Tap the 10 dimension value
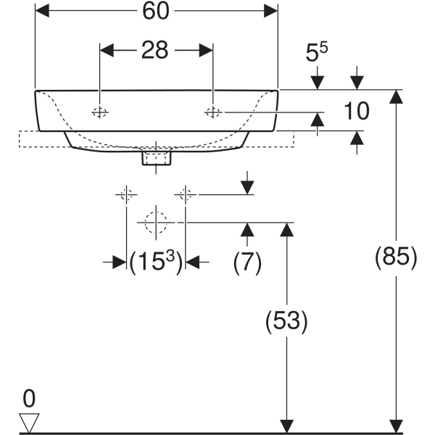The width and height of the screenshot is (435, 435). pyautogui.click(x=357, y=111)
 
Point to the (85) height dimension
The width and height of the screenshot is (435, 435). pyautogui.click(x=396, y=257)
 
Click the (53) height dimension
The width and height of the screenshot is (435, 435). pyautogui.click(x=287, y=321)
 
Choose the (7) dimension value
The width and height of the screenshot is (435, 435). pyautogui.click(x=247, y=262)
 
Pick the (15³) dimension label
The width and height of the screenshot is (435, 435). pyautogui.click(x=155, y=262)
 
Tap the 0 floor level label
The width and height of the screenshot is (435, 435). pyautogui.click(x=29, y=397)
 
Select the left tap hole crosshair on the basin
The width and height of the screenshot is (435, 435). pyautogui.click(x=99, y=112)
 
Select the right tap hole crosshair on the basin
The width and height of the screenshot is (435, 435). pyautogui.click(x=213, y=112)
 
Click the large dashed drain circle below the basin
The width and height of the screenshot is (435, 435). pyautogui.click(x=155, y=222)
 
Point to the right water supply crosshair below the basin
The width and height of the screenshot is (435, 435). pyautogui.click(x=185, y=194)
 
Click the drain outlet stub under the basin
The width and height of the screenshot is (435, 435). pyautogui.click(x=157, y=157)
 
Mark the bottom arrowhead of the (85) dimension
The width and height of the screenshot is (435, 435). pyautogui.click(x=396, y=426)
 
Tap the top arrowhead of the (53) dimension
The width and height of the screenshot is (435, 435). pyautogui.click(x=287, y=229)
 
